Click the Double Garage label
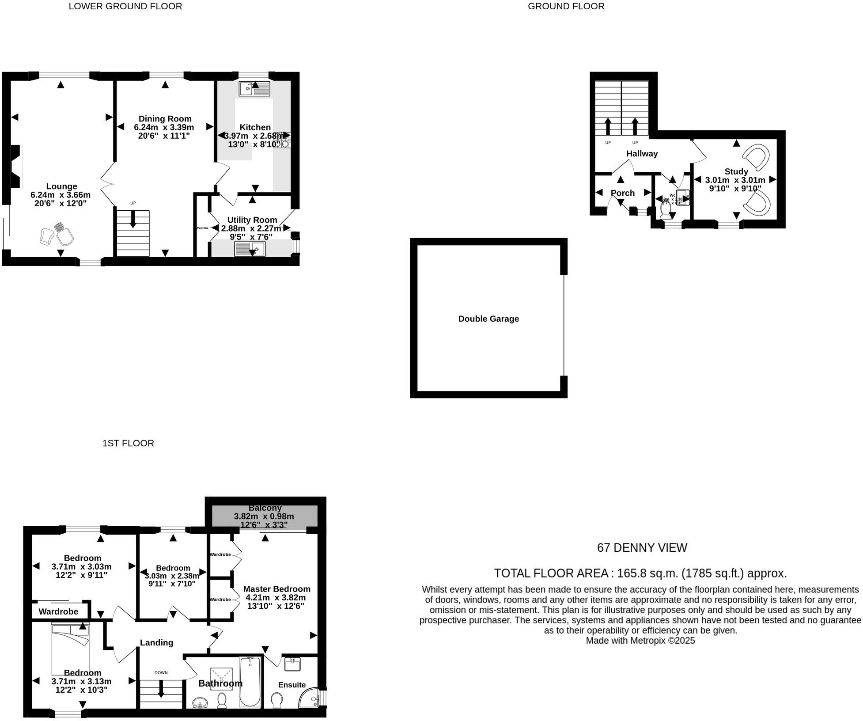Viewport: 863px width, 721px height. click(x=488, y=319)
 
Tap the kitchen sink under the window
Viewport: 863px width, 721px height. click(x=254, y=89)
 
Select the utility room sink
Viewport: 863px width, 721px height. click(x=250, y=250)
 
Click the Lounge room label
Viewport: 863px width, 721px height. click(x=61, y=186)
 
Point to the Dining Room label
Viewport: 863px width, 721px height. click(x=165, y=118)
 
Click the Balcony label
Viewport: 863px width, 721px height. click(x=265, y=508)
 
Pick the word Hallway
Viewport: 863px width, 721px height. click(x=642, y=154)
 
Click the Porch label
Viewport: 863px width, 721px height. click(x=622, y=193)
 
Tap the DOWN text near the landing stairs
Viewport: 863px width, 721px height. click(x=161, y=673)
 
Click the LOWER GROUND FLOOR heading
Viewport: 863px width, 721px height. click(x=125, y=6)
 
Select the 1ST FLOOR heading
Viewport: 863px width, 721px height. click(x=128, y=443)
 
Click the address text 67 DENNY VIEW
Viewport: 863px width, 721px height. click(x=642, y=548)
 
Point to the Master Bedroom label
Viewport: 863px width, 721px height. click(x=276, y=589)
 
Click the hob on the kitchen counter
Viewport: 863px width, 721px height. click(x=282, y=140)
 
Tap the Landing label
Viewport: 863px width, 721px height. click(x=156, y=643)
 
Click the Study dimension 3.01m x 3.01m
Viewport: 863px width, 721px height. click(x=735, y=180)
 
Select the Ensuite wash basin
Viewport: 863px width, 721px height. click(x=292, y=664)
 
